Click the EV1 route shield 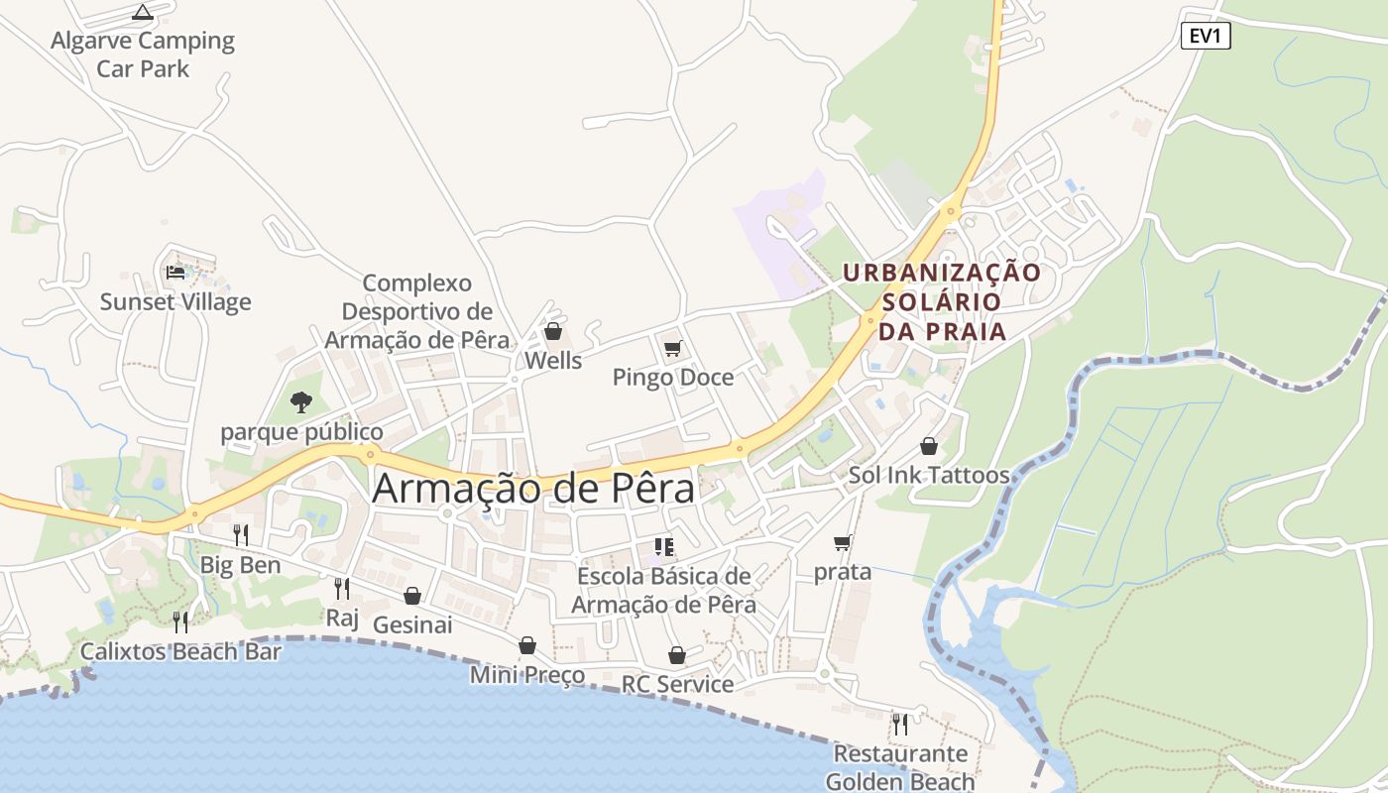[x=1206, y=38]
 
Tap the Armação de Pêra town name [x=533, y=489]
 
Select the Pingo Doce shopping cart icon [x=673, y=348]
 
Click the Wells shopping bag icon [x=553, y=331]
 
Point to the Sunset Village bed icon [x=175, y=272]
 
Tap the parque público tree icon [x=301, y=401]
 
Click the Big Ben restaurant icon [x=241, y=535]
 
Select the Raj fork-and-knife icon [x=342, y=589]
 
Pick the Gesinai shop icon [x=412, y=596]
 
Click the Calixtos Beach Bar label [x=180, y=651]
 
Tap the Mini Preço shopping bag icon [x=527, y=646]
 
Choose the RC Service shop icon [x=677, y=655]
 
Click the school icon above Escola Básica [x=664, y=546]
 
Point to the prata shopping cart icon [x=843, y=542]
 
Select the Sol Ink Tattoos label [x=929, y=475]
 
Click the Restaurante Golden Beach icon [x=900, y=725]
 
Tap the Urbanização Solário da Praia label [x=942, y=301]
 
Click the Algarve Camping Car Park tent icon [x=143, y=13]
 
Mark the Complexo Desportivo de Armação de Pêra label [x=416, y=311]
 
